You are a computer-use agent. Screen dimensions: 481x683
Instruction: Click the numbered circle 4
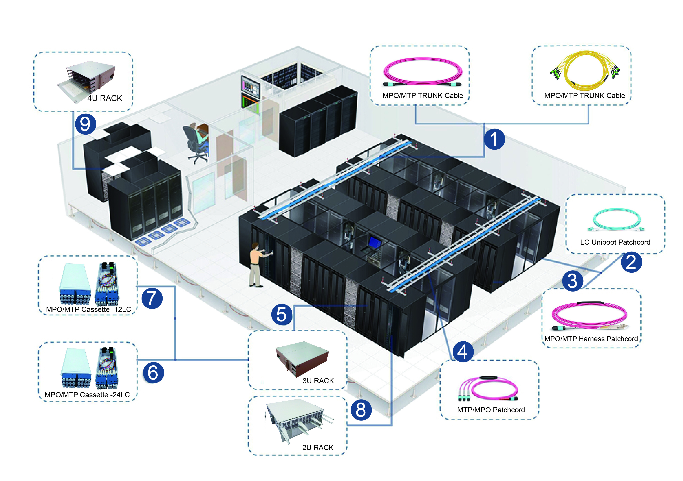[463, 352]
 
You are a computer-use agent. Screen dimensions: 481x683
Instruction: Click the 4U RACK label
[104, 98]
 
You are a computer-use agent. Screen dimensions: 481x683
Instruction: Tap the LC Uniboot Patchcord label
[615, 242]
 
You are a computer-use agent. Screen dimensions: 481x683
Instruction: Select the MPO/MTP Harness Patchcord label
[591, 339]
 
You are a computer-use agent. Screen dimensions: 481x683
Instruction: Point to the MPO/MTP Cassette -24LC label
[87, 395]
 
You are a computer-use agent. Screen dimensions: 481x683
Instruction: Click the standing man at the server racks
[256, 265]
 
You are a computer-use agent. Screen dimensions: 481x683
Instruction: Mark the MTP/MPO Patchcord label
[491, 410]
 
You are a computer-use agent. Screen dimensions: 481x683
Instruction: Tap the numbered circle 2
[631, 262]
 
